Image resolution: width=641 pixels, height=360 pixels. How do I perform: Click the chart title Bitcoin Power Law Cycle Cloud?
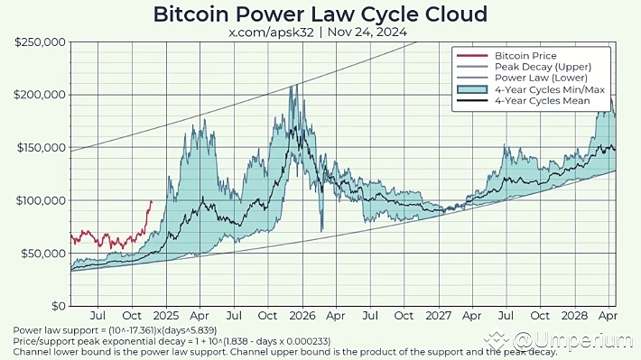320,14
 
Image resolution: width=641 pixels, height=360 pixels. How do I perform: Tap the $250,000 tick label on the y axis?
40,42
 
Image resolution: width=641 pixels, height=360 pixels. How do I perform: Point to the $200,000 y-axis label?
40,95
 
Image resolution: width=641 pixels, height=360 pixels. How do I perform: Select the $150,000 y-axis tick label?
40,147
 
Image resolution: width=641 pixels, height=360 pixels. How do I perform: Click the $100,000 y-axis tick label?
40,200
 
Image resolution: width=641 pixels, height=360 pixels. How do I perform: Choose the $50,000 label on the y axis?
42,254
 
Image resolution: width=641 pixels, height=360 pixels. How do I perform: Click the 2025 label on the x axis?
166,317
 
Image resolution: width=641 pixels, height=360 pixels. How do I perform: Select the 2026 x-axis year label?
302,317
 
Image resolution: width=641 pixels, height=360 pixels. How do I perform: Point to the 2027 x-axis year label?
439,317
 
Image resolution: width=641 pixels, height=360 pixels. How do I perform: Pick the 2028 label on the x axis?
575,317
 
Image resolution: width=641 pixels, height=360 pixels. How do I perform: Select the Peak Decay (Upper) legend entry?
540,67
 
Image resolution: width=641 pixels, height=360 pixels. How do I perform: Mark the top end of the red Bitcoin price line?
151,201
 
